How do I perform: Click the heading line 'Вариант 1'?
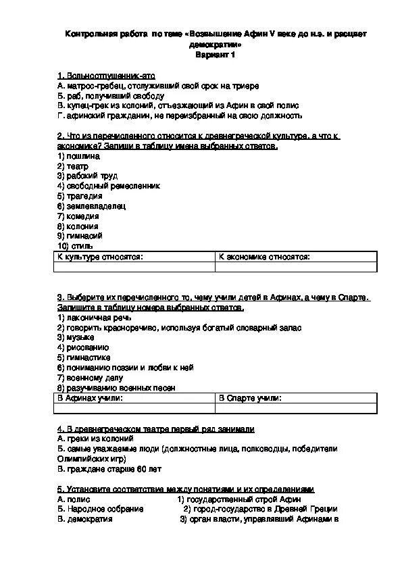[x=215, y=55]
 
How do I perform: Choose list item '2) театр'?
[x=74, y=166]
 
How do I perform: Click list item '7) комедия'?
[x=78, y=216]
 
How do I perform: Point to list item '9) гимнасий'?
[x=80, y=237]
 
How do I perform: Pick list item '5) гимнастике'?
[x=84, y=357]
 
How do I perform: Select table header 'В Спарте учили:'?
[x=251, y=398]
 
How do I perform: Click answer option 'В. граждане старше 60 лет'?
[x=109, y=468]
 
